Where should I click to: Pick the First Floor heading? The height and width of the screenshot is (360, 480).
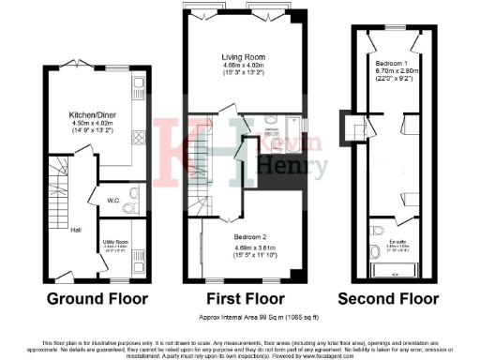coord(243,300)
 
